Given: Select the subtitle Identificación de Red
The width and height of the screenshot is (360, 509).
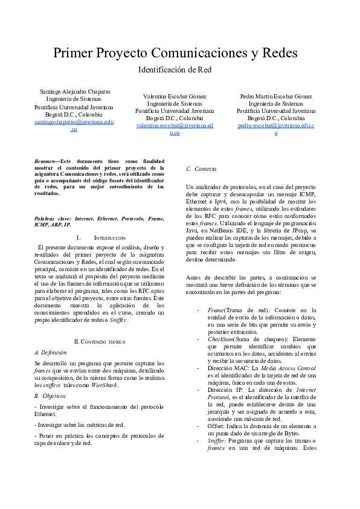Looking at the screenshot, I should (x=175, y=69).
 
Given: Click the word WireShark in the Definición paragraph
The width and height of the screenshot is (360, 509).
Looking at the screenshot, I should (x=104, y=384).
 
